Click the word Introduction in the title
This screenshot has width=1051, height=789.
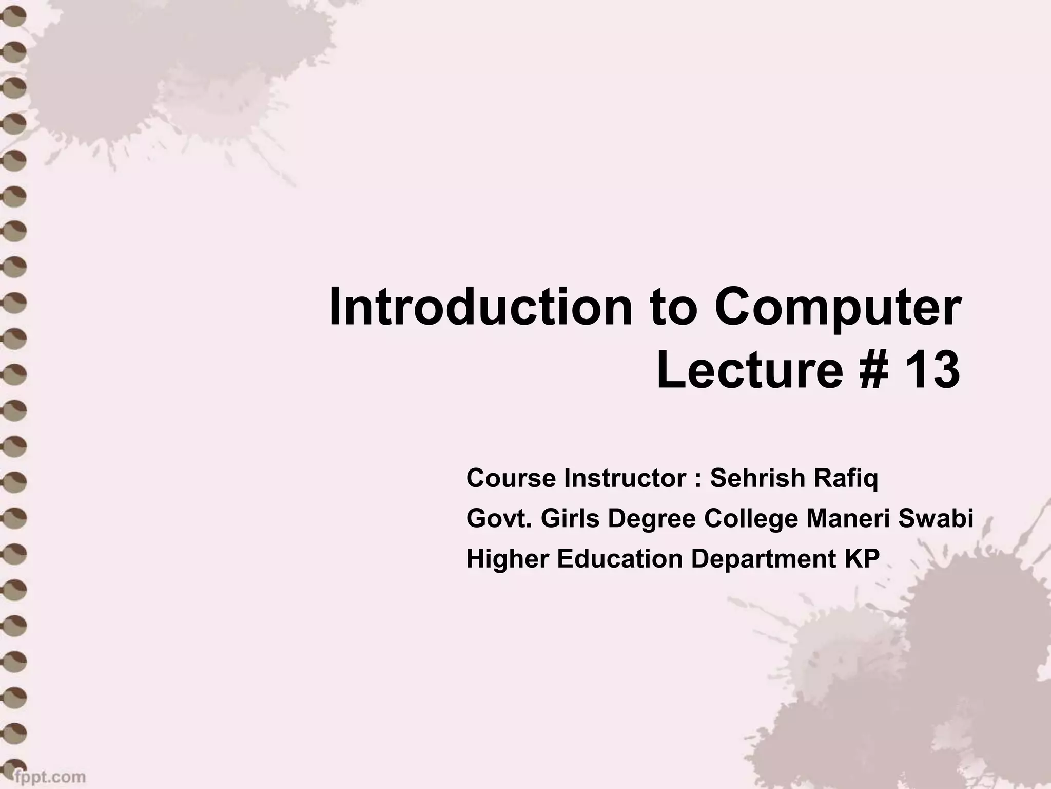[481, 307]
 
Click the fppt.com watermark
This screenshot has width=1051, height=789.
[50, 776]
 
